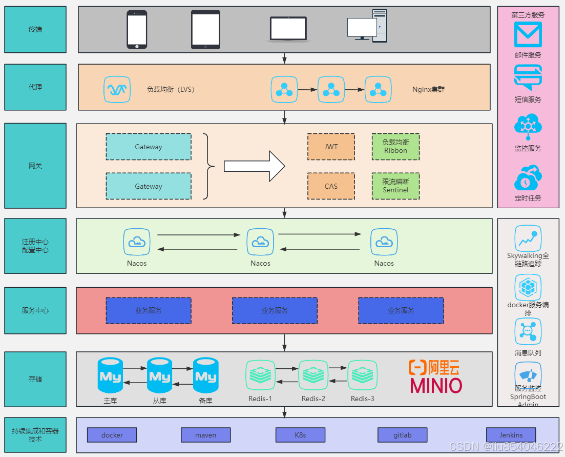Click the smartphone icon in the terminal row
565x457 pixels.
137,30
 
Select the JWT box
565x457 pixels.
331,147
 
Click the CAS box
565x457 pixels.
331,186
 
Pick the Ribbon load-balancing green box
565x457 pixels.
395,147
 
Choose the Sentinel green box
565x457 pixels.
395,186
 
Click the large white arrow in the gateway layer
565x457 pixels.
254,166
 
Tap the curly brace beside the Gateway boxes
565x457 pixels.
207,166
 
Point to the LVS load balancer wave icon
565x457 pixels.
117,90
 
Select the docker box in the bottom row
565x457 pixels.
112,435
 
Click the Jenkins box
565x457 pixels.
511,435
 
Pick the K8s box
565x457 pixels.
300,435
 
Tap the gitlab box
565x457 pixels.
403,435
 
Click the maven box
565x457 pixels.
205,435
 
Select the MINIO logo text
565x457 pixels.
436,386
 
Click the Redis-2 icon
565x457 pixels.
313,375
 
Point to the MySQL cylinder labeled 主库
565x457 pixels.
110,376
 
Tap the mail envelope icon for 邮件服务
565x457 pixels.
528,35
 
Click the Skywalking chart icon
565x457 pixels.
528,239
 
